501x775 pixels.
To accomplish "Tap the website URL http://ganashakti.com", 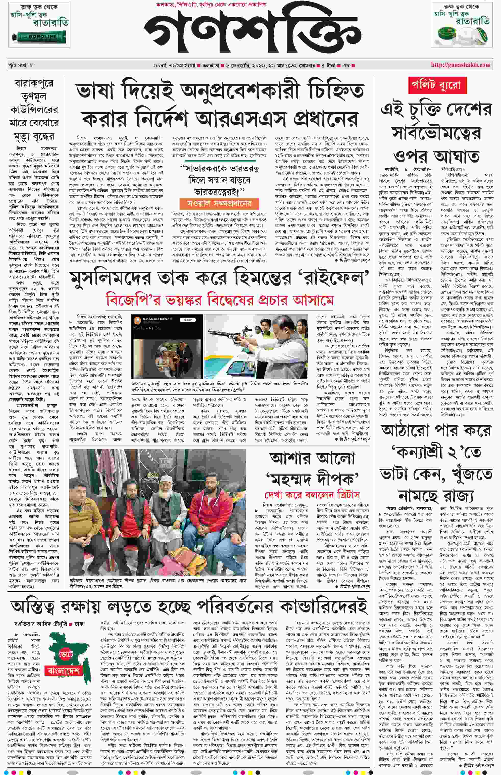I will pyautogui.click(x=460, y=65).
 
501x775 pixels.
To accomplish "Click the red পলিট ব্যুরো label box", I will pyautogui.click(x=436, y=85).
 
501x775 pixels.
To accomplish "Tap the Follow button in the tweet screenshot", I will pyautogui.click(x=188, y=320).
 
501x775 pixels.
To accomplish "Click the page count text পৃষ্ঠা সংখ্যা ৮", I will pyautogui.click(x=21, y=65).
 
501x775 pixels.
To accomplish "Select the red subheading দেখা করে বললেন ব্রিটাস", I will pyautogui.click(x=312, y=495).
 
